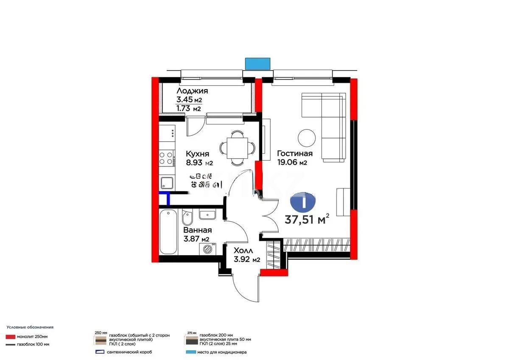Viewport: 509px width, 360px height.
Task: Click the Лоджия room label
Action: click(192, 91)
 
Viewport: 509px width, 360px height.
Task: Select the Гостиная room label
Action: click(295, 154)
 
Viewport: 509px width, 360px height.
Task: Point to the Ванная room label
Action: click(197, 230)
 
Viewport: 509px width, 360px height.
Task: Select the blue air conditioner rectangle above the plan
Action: click(258, 63)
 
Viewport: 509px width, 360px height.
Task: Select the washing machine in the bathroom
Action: click(207, 249)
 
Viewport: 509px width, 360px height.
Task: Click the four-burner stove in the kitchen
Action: click(166, 158)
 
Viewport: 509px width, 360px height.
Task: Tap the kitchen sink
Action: click(167, 183)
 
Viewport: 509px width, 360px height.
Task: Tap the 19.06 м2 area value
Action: click(292, 163)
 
